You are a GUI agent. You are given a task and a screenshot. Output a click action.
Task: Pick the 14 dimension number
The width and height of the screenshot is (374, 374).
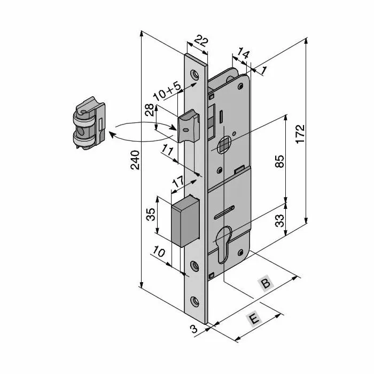pos(243,53)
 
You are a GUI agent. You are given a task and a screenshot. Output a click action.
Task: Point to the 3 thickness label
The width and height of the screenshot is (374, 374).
pos(193,329)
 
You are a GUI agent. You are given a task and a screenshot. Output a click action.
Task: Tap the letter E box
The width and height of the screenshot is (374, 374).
pos(254,319)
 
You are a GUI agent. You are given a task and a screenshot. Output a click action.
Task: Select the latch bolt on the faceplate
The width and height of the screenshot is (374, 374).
pos(188,125)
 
